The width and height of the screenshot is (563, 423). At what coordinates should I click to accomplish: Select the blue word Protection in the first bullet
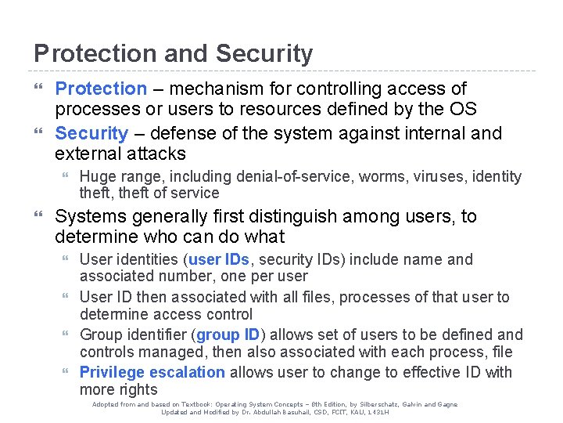[101, 89]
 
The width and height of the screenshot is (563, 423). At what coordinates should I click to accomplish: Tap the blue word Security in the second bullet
[91, 133]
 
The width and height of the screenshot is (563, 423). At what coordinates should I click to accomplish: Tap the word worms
[378, 177]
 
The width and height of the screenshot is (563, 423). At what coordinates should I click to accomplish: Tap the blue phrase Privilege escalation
[152, 372]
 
